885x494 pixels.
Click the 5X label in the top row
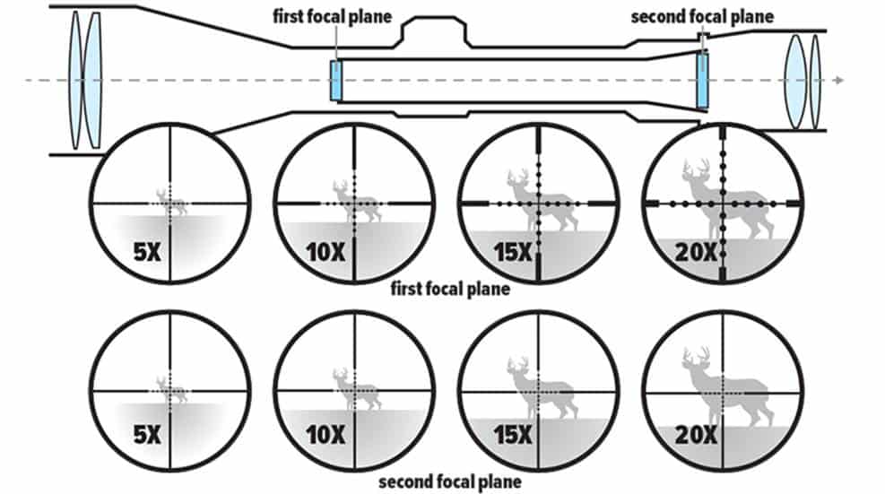tap(145, 252)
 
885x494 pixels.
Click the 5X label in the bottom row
tap(145, 437)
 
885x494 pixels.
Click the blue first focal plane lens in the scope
tap(336, 81)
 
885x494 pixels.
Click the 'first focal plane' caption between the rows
tap(451, 289)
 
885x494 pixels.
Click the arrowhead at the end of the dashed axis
tap(838, 81)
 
